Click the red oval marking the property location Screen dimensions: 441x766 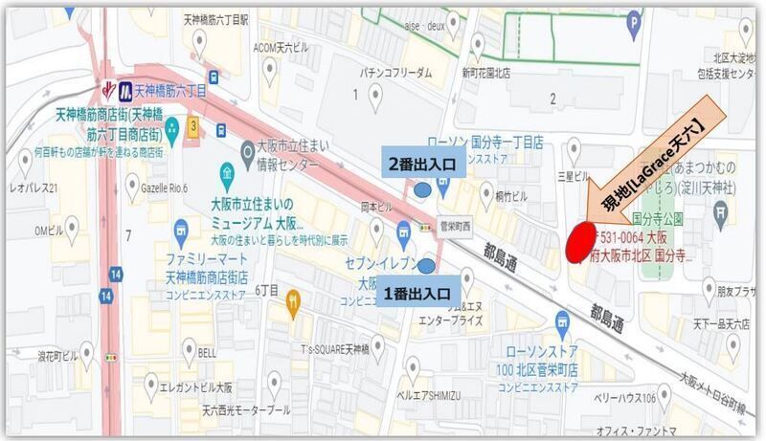[577, 241]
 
